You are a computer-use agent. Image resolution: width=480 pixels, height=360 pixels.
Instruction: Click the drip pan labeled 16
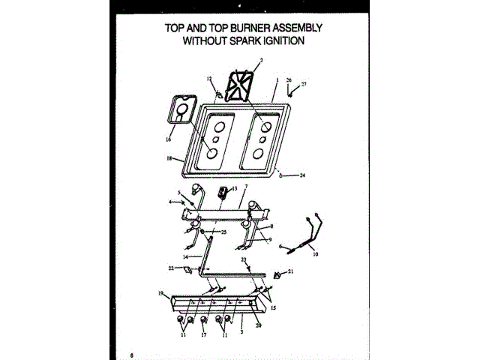pyautogui.click(x=181, y=109)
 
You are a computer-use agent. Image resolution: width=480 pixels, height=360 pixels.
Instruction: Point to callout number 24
pyautogui.click(x=303, y=176)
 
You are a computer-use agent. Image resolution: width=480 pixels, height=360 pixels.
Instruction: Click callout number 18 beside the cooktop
pyautogui.click(x=169, y=158)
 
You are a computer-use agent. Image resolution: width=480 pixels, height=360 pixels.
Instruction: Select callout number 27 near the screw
pyautogui.click(x=304, y=84)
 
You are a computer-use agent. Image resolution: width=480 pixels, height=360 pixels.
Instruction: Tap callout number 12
pyautogui.click(x=210, y=78)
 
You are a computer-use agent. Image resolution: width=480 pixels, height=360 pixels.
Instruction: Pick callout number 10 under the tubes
pyautogui.click(x=315, y=255)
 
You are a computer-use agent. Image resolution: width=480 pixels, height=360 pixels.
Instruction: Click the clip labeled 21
pyautogui.click(x=278, y=274)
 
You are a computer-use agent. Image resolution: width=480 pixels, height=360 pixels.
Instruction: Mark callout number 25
pyautogui.click(x=223, y=232)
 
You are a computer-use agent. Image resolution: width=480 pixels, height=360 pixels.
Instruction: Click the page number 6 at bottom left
pyautogui.click(x=131, y=353)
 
